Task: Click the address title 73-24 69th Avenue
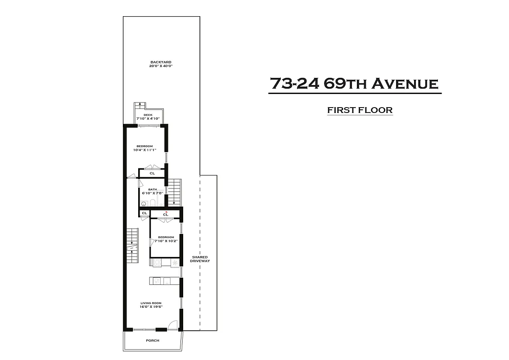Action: [354, 84]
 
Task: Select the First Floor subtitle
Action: [360, 110]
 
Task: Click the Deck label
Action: [148, 115]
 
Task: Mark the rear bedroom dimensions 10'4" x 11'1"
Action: [144, 150]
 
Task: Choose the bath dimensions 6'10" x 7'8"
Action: [152, 193]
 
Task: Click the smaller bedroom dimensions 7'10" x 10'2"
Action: [166, 241]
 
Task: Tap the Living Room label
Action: [151, 303]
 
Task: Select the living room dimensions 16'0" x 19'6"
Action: [151, 307]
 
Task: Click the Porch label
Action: [153, 341]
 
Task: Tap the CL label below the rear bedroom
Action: [152, 173]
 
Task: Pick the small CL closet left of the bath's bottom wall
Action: [144, 213]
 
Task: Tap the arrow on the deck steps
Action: [140, 105]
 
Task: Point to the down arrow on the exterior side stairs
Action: [174, 202]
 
